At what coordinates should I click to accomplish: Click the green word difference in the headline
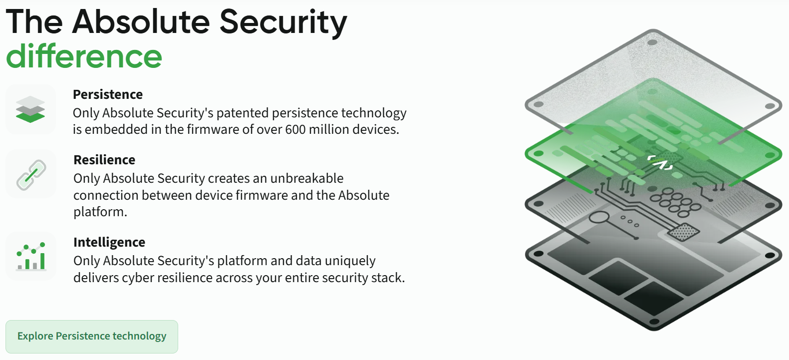(x=84, y=56)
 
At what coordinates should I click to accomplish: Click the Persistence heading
(x=108, y=94)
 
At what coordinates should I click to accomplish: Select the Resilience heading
(x=104, y=160)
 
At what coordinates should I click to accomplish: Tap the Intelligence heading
(x=109, y=242)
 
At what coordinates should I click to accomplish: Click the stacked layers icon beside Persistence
(x=30, y=109)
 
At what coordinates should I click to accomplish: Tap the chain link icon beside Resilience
(x=31, y=175)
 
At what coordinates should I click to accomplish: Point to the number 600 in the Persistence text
(x=295, y=130)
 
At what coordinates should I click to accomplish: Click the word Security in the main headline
(x=283, y=22)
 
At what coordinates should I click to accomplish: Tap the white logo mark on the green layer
(x=660, y=163)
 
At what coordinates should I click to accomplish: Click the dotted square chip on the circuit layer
(x=683, y=232)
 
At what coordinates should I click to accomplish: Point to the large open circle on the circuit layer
(x=599, y=217)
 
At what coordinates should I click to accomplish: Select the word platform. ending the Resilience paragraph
(x=100, y=212)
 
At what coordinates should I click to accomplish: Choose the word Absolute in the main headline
(x=141, y=22)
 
